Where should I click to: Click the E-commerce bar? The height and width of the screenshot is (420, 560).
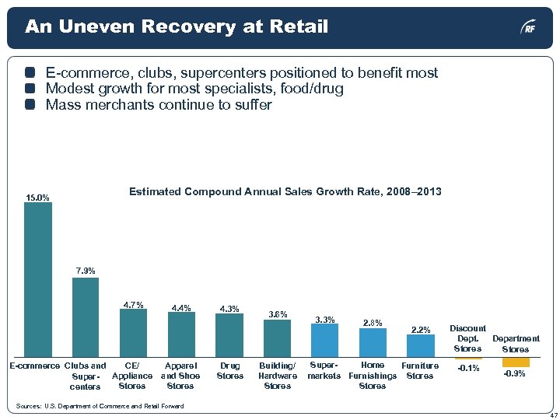coord(38,280)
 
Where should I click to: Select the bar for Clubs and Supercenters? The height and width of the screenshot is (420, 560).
coord(86,317)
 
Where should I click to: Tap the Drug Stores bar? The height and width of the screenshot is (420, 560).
coord(229,335)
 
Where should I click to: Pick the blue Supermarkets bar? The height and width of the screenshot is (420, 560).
coord(324,341)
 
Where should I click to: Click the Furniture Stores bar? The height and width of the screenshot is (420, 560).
coord(421,345)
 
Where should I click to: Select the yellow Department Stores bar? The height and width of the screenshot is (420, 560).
coord(516,362)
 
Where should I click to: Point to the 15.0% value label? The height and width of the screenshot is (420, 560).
coord(37,198)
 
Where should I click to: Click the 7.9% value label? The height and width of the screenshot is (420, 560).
coord(86,271)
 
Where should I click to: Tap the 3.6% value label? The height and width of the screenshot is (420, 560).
coord(278,314)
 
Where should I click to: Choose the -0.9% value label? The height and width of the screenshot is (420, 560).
coord(514,374)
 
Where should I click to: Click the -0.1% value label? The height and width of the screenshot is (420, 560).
coord(468,369)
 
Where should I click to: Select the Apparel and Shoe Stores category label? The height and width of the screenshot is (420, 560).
coord(180,376)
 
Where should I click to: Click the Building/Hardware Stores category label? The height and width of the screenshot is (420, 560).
coord(278,376)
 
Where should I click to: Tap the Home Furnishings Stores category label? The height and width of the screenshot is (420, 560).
coord(373,376)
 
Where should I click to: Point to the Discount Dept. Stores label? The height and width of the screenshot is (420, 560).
coord(468,338)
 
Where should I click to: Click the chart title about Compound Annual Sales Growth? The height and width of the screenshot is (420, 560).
coord(285,191)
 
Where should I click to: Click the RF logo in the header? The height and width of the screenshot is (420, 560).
coord(528,28)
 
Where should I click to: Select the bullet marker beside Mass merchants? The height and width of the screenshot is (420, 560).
coord(30,105)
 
